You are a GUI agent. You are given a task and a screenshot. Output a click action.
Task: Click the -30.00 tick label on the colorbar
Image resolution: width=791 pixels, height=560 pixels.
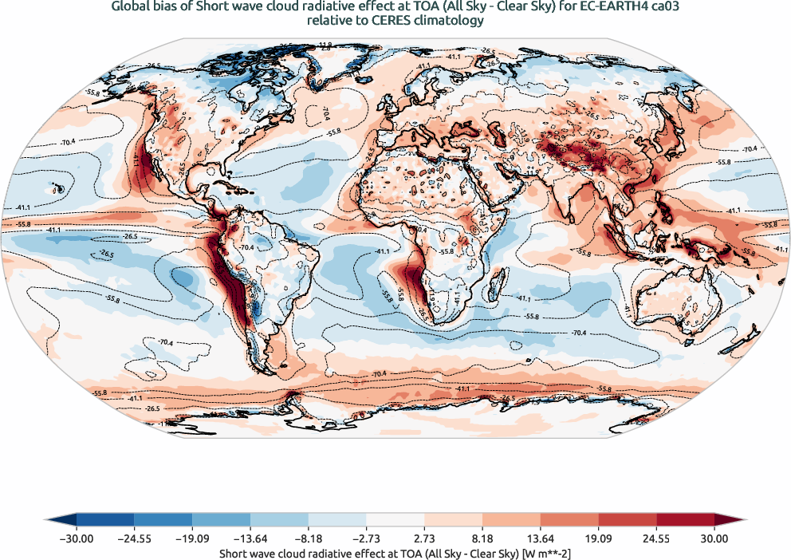tap(77, 538)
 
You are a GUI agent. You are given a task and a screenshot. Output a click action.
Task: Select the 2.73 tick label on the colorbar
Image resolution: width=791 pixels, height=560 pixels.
tap(424, 538)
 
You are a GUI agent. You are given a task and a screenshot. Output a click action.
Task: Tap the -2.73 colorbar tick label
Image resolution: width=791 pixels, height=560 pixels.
tap(366, 538)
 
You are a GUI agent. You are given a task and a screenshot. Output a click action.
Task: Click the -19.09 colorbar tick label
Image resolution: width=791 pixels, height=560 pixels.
tap(192, 538)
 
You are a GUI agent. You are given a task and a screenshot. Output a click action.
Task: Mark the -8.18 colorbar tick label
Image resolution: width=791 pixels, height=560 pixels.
tap(309, 538)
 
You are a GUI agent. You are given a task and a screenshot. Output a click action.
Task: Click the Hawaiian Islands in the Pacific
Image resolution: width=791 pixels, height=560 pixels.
tap(57, 189)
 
